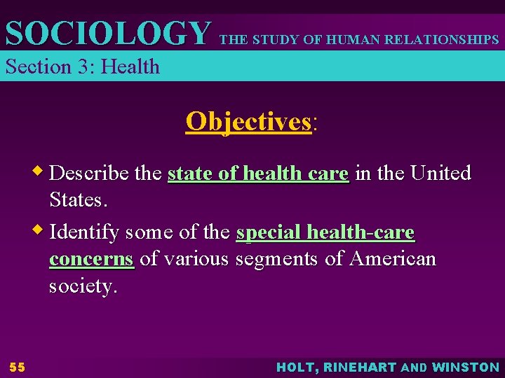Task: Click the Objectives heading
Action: click(248, 121)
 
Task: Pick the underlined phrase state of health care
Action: click(258, 173)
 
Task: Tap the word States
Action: click(77, 200)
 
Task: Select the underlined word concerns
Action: click(91, 259)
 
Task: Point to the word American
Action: click(392, 259)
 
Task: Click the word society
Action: click(81, 286)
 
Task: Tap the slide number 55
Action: click(17, 367)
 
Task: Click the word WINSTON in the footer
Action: click(466, 367)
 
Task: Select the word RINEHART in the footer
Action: click(360, 367)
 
